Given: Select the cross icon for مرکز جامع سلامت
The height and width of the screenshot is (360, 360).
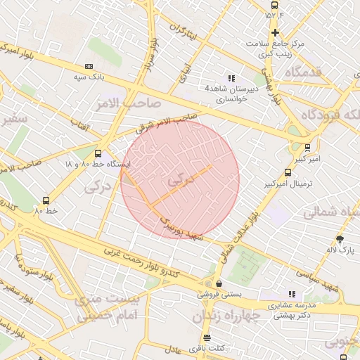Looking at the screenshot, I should click(274, 32).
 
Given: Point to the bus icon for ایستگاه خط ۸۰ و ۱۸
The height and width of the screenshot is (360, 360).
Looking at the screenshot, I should click(98, 153).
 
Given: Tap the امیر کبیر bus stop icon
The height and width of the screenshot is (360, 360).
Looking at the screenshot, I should click(307, 148).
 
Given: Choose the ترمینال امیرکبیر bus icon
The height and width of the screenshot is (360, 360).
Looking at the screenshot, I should click(288, 172).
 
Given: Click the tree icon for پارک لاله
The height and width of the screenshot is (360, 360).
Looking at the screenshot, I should click(340, 239).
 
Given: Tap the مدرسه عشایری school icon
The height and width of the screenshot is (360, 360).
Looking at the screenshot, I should click(291, 294).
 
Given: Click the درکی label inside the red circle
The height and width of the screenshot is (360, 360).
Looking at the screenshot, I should click(180, 180).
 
